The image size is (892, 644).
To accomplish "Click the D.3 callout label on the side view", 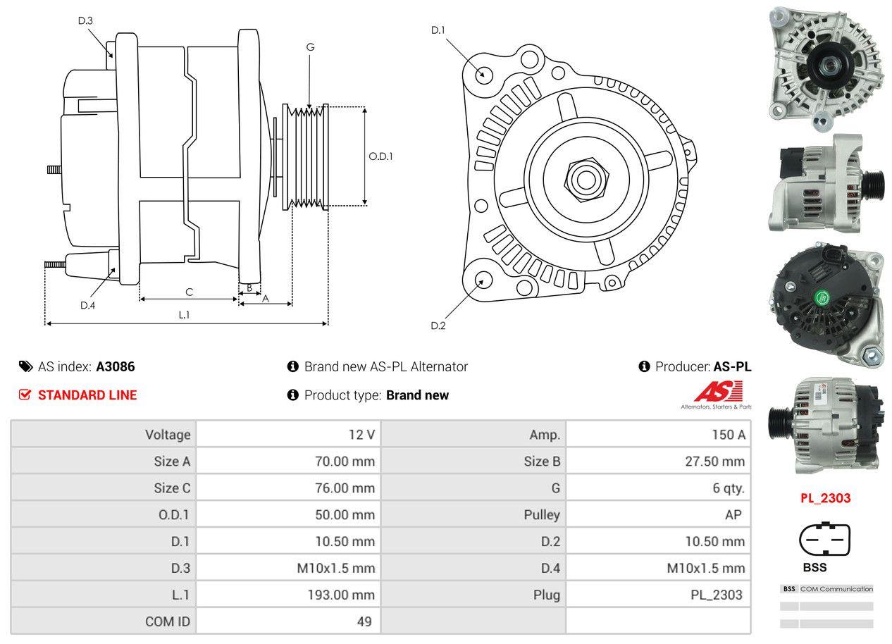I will coord(85,20).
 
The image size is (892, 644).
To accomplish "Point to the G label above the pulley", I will coord(310,47).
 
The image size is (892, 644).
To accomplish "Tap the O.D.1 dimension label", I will coord(380,156).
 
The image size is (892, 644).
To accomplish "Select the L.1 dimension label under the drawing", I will coord(184,315).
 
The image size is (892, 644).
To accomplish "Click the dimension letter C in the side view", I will coord(189,292).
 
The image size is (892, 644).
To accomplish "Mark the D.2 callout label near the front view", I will coord(438,326).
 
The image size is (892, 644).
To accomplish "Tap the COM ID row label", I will coord(168,621).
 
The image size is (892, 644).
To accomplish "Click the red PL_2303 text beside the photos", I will coord(825,498).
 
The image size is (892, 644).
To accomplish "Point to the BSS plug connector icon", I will coord(824,540).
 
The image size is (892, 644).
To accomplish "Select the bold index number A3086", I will coord(116,366).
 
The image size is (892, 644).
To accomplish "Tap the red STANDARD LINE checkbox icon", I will coord(25,395).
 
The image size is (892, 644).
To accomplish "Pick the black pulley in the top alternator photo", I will coord(826,67).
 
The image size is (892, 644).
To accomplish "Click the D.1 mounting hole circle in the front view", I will coord(483,74).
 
